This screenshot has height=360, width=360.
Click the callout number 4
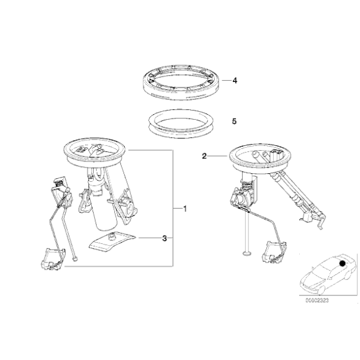click(x=234, y=81)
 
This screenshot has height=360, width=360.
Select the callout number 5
click(x=234, y=122)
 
